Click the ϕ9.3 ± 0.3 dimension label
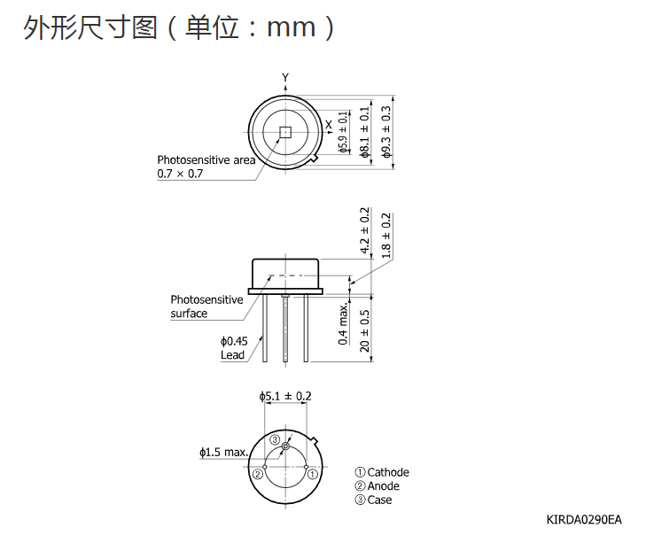click(386, 132)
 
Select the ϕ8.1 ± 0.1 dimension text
click(364, 132)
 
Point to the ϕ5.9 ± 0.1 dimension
click(343, 132)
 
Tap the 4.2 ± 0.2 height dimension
click(364, 230)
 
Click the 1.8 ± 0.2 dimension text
click(386, 236)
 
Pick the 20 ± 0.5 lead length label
click(364, 330)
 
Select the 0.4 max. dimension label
click(343, 324)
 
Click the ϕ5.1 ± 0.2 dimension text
click(285, 396)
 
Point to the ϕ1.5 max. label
click(223, 452)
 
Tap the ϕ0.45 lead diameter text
click(234, 342)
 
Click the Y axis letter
click(285, 78)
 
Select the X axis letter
click(329, 124)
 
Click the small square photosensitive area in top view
click(284, 132)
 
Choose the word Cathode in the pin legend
click(388, 472)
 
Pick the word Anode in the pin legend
click(384, 485)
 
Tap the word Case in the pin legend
click(379, 500)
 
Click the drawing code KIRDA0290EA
click(584, 520)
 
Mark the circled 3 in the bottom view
click(275, 439)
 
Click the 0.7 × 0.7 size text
click(180, 174)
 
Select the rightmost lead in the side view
click(306, 328)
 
